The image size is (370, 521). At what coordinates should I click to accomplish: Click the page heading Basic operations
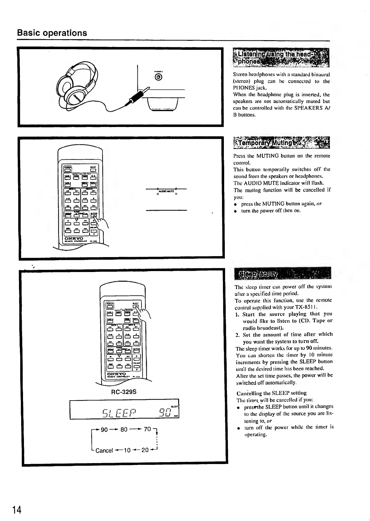coord(52,33)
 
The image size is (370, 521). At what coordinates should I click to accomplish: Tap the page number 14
coord(17,510)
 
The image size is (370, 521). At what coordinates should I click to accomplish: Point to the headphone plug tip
coord(145,90)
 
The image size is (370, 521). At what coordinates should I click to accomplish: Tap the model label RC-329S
coord(124,392)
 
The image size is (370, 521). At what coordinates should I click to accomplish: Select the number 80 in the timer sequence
coord(124,430)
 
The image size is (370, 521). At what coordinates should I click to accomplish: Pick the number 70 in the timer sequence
coord(147,429)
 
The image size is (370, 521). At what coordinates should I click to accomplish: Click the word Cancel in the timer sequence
coord(104,451)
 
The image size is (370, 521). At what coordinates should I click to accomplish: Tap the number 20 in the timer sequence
coord(145,450)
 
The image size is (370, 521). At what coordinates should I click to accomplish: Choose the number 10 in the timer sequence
coord(127,450)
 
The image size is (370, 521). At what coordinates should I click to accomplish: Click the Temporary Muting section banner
coord(281,143)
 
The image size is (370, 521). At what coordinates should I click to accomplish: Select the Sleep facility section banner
coord(283,273)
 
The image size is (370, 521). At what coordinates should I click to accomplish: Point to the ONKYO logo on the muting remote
coord(73,239)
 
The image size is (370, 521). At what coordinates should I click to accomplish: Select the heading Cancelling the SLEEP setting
coord(271,393)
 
